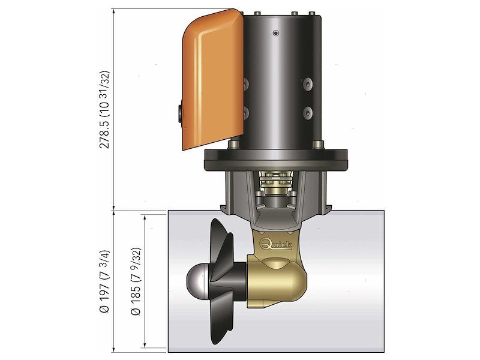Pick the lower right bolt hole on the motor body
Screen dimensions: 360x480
[x=307, y=112]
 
